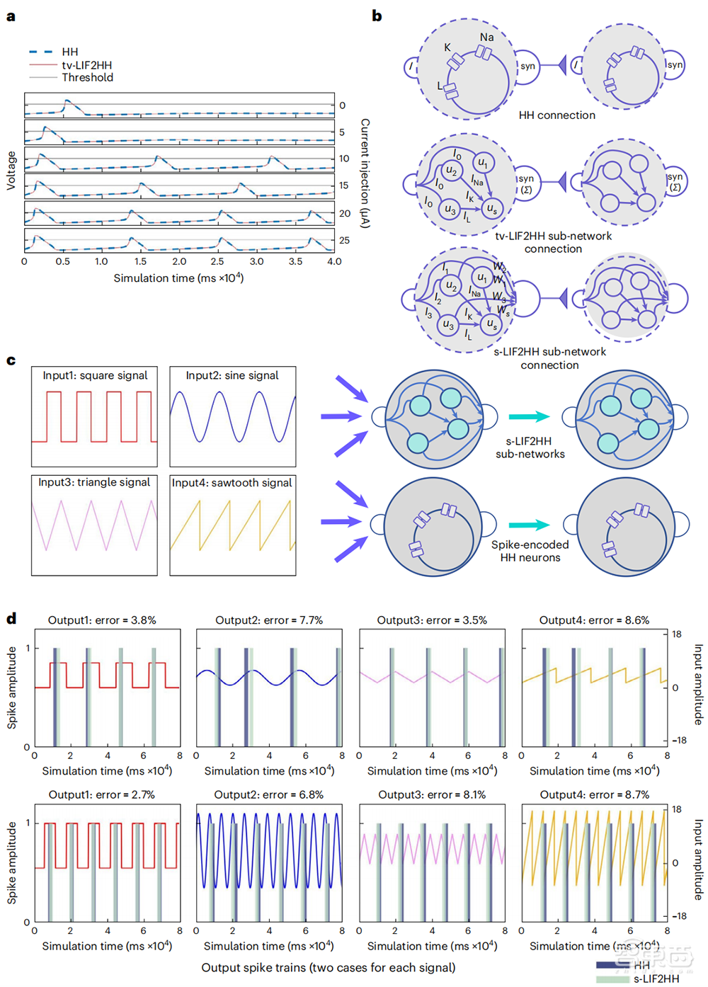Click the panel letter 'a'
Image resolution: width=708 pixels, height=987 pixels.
coord(11,16)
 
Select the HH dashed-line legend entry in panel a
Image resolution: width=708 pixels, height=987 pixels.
coord(53,52)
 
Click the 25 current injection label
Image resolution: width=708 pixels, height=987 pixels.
coord(344,240)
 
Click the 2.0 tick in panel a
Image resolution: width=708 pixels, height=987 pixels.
coord(179,261)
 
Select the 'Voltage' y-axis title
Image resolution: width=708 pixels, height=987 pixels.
coord(11,170)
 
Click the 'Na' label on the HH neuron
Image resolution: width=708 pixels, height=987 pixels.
coord(487,37)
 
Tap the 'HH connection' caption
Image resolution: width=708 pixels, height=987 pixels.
coord(556,115)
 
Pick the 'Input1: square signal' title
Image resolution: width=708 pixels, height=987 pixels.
coord(95,375)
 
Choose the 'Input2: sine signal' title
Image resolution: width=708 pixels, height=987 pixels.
coord(232,375)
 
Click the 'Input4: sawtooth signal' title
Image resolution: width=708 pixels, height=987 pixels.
coord(232,483)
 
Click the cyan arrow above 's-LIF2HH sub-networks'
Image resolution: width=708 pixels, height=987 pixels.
coord(529,417)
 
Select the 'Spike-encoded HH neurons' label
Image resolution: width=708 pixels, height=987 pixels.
coord(530,551)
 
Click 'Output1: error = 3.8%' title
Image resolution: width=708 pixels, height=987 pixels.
coord(102,620)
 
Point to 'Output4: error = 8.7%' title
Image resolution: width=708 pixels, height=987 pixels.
coord(595,794)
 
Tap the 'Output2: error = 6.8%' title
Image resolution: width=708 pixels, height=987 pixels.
coord(269,794)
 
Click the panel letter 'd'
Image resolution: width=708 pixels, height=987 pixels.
coord(11,619)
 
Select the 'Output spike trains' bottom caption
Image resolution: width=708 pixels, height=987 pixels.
coord(329,967)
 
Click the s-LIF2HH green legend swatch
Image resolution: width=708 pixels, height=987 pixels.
coord(612,979)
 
